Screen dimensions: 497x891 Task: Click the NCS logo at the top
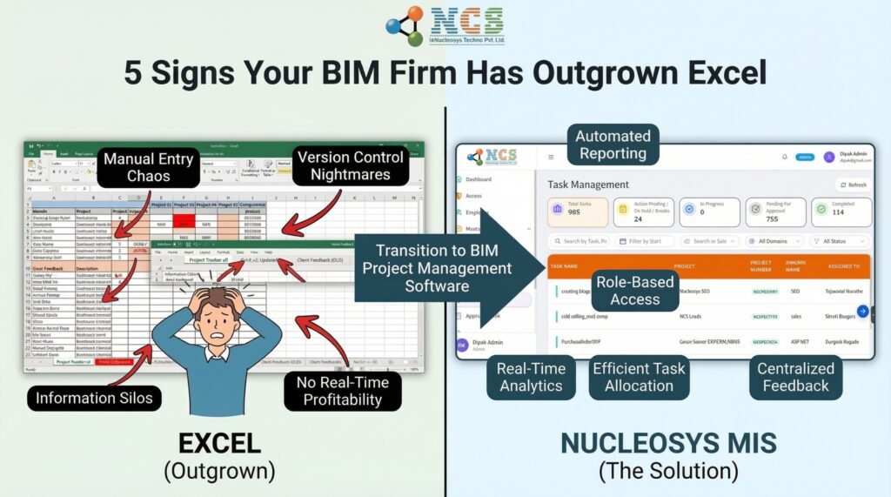[445, 25]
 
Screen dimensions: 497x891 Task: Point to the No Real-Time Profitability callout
[342, 392]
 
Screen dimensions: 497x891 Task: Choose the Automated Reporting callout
[613, 145]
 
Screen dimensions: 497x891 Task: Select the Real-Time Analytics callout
[531, 377]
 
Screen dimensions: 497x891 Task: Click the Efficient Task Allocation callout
[639, 377]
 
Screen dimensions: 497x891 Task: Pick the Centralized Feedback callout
[795, 377]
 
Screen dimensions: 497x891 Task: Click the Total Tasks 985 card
[577, 212]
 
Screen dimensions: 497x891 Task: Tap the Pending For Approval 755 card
[775, 212]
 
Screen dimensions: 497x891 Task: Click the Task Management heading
[588, 185]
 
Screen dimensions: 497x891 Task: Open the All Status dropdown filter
[839, 241]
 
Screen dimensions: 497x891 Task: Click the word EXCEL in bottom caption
[219, 443]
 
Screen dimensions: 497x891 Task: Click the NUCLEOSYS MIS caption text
[667, 443]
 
